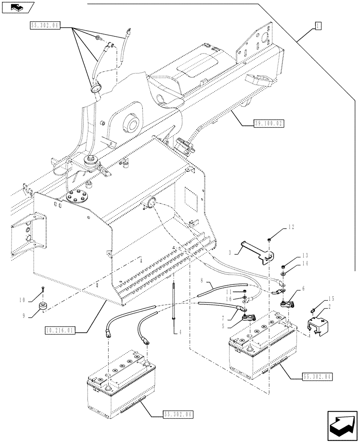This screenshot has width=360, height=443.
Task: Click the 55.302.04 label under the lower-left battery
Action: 177,415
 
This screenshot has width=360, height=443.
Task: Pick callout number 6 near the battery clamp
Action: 303,288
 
